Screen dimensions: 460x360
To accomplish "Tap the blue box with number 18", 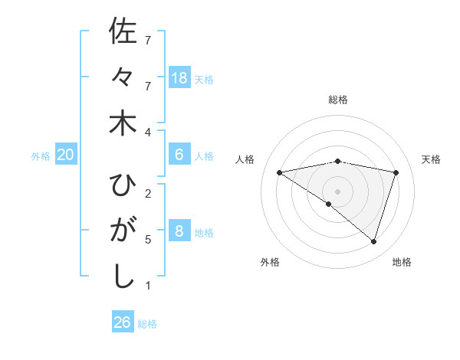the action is (179, 78).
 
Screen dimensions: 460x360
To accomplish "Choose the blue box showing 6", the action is (179, 155).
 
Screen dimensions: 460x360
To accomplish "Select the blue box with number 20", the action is (66, 155).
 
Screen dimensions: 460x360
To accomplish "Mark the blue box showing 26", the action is (122, 322).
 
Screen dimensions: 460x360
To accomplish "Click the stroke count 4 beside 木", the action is (147, 133).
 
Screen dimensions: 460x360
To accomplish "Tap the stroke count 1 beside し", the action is (147, 286).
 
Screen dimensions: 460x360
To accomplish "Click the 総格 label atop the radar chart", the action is (338, 100).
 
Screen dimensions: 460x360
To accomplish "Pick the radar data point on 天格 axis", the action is (396, 172).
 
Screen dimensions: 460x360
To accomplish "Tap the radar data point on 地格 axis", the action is (373, 241).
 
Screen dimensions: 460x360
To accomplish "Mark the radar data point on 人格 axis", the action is (280, 172).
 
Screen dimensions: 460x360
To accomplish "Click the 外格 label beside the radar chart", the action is (270, 262).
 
